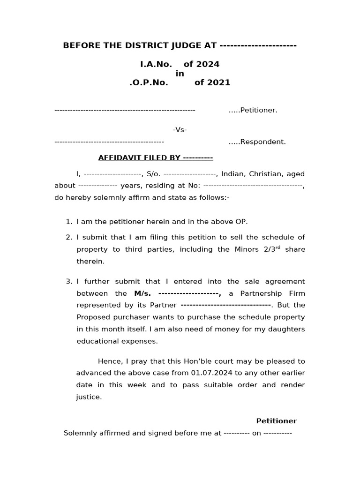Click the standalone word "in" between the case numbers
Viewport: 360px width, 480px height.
click(180, 74)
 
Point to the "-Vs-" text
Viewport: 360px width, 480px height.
click(180, 129)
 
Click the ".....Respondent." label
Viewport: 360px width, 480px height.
click(257, 142)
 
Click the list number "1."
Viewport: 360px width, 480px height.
click(69, 222)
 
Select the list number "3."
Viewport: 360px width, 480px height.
click(69, 282)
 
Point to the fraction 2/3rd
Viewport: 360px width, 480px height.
click(271, 249)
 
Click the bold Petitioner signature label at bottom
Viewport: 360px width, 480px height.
click(276, 421)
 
